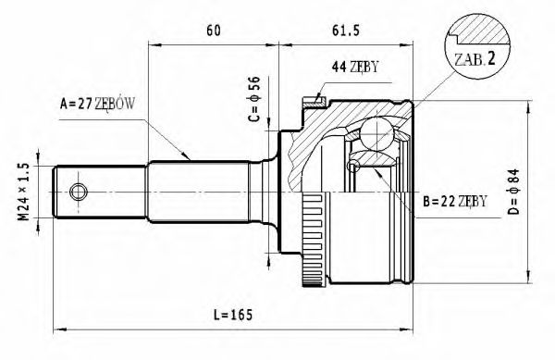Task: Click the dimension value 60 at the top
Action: pyautogui.click(x=214, y=31)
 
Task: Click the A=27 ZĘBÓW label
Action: pyautogui.click(x=98, y=104)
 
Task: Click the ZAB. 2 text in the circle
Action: pyautogui.click(x=475, y=57)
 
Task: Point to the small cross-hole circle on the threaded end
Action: pyautogui.click(x=79, y=192)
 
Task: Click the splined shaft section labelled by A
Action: pyautogui.click(x=199, y=192)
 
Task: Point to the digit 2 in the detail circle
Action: pyautogui.click(x=492, y=57)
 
